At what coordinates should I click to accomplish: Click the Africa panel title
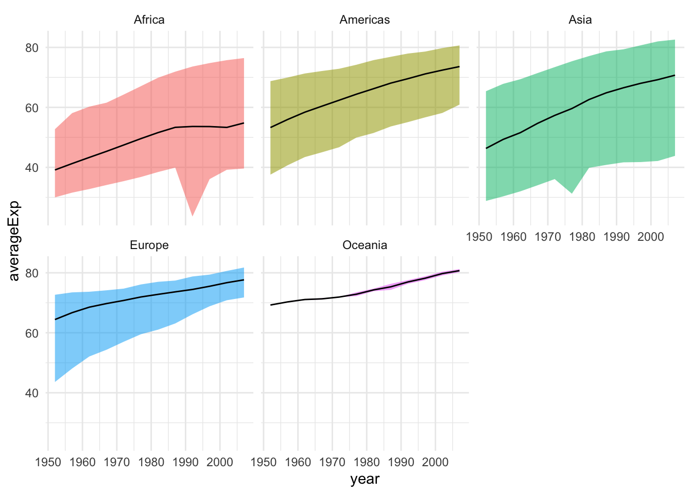click(149, 20)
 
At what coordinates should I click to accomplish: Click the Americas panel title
click(365, 20)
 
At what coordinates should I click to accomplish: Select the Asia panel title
click(580, 20)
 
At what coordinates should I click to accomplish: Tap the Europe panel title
click(149, 245)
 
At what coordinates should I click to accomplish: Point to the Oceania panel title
click(365, 245)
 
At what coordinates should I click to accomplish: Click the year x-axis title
click(365, 480)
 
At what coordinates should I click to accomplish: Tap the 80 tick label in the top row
click(32, 48)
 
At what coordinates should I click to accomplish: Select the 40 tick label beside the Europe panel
click(32, 393)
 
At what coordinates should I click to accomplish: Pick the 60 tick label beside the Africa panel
click(32, 108)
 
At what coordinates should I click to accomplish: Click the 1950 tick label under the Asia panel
click(479, 237)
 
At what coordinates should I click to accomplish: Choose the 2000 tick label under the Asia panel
click(651, 237)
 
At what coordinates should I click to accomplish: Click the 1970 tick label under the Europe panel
click(117, 462)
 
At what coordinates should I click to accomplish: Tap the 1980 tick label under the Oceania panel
click(367, 462)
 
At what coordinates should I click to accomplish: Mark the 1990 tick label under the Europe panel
click(185, 462)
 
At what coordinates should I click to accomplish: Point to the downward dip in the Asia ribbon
click(572, 192)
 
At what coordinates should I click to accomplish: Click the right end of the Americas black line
click(459, 67)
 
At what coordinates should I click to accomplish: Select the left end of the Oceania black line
click(271, 305)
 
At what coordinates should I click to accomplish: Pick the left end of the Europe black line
click(55, 320)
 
